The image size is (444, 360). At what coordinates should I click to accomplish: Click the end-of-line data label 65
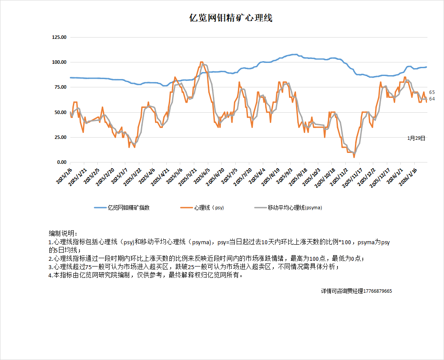point(432,92)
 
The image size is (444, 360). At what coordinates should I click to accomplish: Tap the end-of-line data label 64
point(432,99)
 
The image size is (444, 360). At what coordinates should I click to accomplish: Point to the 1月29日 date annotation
point(416,138)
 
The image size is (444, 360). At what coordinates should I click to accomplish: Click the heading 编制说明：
point(63,233)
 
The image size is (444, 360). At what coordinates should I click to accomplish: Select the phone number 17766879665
point(378,291)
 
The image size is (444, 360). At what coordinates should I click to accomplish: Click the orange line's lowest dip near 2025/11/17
point(354,157)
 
